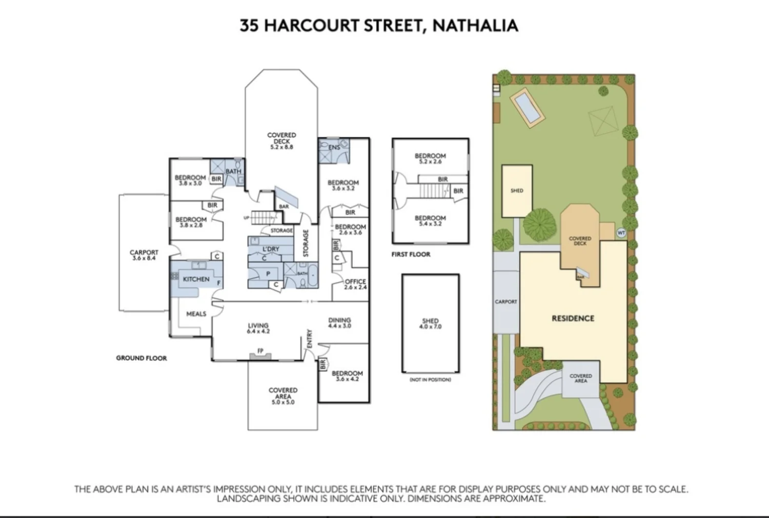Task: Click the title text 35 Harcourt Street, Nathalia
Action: coord(379,26)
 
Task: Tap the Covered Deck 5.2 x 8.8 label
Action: coord(281,141)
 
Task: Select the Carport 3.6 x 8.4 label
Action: coord(144,255)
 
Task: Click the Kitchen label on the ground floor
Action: coord(196,279)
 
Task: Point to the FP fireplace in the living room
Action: coord(260,351)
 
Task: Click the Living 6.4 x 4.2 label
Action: coord(258,328)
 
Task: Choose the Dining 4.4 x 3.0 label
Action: coord(339,323)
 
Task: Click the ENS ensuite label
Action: coord(334,148)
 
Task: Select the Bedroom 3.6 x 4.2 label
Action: coord(347,376)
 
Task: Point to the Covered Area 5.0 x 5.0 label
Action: coord(282,396)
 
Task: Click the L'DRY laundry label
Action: coord(271,249)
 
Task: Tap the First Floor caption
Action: coord(411,254)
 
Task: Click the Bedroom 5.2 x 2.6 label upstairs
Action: coord(430,158)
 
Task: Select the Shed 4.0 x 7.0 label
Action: coord(430,323)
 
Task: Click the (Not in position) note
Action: coord(430,380)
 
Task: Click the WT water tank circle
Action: coord(621,233)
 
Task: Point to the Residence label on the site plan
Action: coord(573,318)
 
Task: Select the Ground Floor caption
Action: coord(141,358)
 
